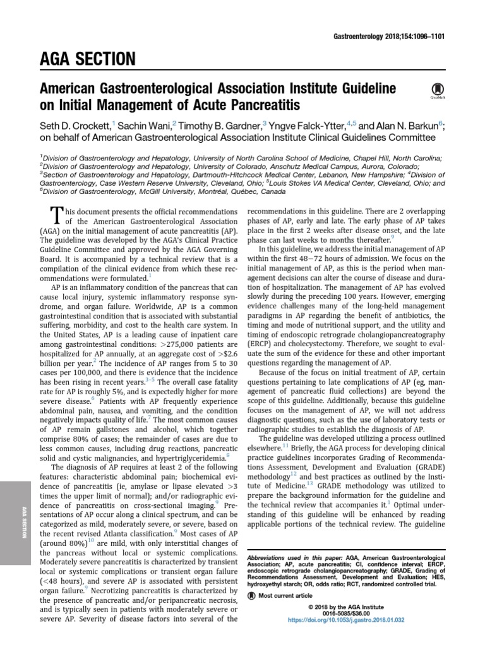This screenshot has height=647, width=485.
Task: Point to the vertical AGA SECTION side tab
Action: click(x=23, y=521)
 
